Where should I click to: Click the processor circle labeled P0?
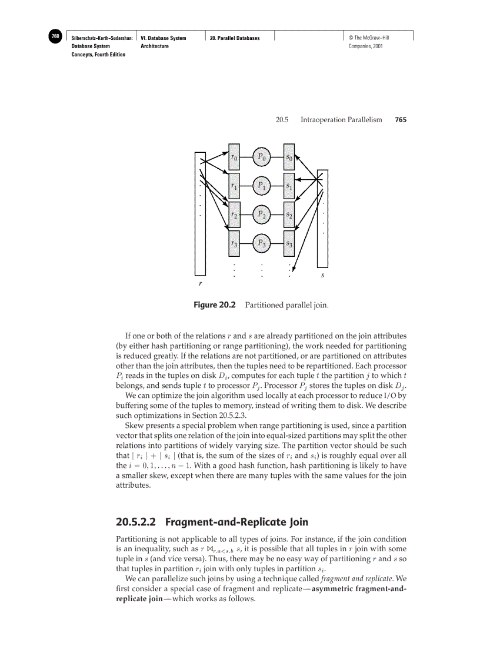click(x=262, y=158)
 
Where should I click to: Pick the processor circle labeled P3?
click(x=262, y=243)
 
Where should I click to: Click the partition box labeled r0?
click(x=234, y=158)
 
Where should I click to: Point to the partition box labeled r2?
click(x=234, y=215)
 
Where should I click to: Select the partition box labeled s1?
click(x=289, y=186)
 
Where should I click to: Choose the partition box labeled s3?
click(x=289, y=243)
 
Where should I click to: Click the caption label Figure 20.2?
click(x=214, y=305)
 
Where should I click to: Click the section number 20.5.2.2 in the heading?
click(x=138, y=522)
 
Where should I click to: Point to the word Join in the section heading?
click(x=296, y=522)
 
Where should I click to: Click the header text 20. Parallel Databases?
click(x=235, y=38)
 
